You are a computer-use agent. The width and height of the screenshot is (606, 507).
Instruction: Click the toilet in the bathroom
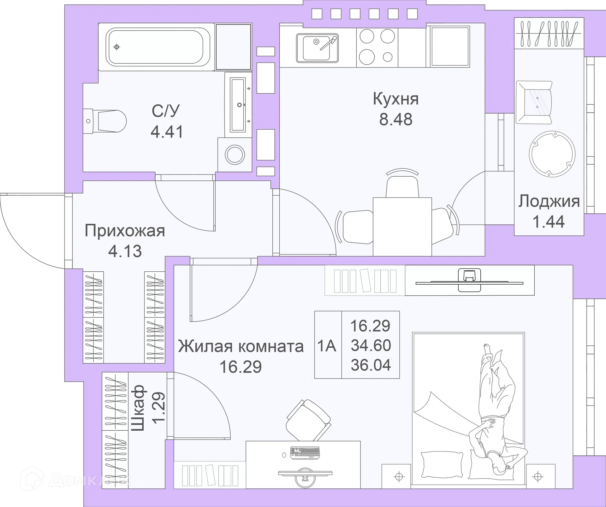click(x=107, y=121)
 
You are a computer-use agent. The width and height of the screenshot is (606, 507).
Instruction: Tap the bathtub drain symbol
click(x=117, y=47)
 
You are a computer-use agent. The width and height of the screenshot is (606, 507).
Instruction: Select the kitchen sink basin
click(x=316, y=48)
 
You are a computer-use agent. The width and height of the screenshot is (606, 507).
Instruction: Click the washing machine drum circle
click(x=235, y=155)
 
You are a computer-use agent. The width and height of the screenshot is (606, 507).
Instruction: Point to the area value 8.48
click(x=396, y=120)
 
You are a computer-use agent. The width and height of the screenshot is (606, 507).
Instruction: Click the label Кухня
click(x=396, y=99)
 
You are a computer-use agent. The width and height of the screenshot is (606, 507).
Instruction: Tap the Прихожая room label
click(x=125, y=231)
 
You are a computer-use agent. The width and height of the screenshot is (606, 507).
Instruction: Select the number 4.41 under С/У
click(x=167, y=132)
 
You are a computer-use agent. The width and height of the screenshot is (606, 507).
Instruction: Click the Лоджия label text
click(x=549, y=201)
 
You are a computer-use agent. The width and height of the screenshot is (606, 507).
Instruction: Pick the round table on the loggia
click(x=552, y=154)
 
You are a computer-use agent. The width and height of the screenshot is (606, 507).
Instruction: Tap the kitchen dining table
click(x=402, y=226)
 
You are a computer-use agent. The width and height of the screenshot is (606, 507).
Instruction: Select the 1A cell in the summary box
click(x=327, y=346)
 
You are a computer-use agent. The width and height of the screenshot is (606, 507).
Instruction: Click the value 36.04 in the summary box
click(x=371, y=365)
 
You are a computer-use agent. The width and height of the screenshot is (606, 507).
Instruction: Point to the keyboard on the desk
click(x=305, y=452)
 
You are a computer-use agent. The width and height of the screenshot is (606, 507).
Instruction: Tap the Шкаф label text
click(x=138, y=408)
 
